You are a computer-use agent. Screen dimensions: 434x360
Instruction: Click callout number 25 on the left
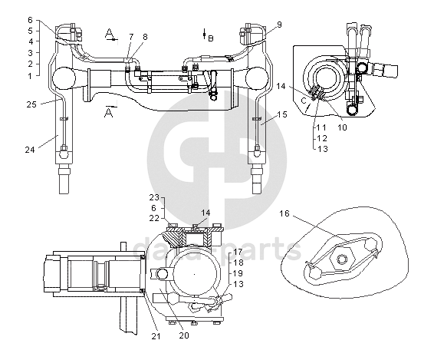[x=31, y=104]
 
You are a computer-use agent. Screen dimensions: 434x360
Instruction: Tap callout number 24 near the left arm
[x=30, y=150]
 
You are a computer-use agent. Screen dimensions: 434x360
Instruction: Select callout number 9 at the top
[x=279, y=25]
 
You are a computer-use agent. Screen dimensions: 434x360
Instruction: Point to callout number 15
[x=282, y=114]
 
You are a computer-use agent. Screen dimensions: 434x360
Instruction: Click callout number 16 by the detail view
[x=284, y=213]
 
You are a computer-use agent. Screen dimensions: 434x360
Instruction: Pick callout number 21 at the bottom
[x=156, y=336]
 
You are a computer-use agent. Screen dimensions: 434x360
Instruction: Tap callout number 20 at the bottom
[x=184, y=335]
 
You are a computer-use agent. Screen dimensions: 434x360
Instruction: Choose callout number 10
[x=342, y=127]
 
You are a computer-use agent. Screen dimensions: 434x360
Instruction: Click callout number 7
[x=131, y=37]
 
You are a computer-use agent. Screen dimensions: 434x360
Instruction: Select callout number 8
[x=145, y=37]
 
